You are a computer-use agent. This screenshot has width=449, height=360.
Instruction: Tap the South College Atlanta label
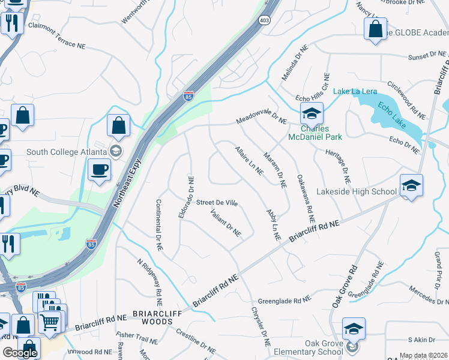click(67, 151)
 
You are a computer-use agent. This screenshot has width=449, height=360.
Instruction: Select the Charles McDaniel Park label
click(321, 133)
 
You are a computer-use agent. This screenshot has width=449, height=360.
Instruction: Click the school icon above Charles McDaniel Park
click(312, 113)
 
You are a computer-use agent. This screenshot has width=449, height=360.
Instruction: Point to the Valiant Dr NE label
click(226, 222)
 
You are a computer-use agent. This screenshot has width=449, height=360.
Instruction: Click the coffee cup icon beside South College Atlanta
click(99, 169)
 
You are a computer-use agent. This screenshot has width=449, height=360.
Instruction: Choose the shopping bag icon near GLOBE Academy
click(375, 28)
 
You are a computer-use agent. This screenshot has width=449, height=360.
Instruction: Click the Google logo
click(20, 353)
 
